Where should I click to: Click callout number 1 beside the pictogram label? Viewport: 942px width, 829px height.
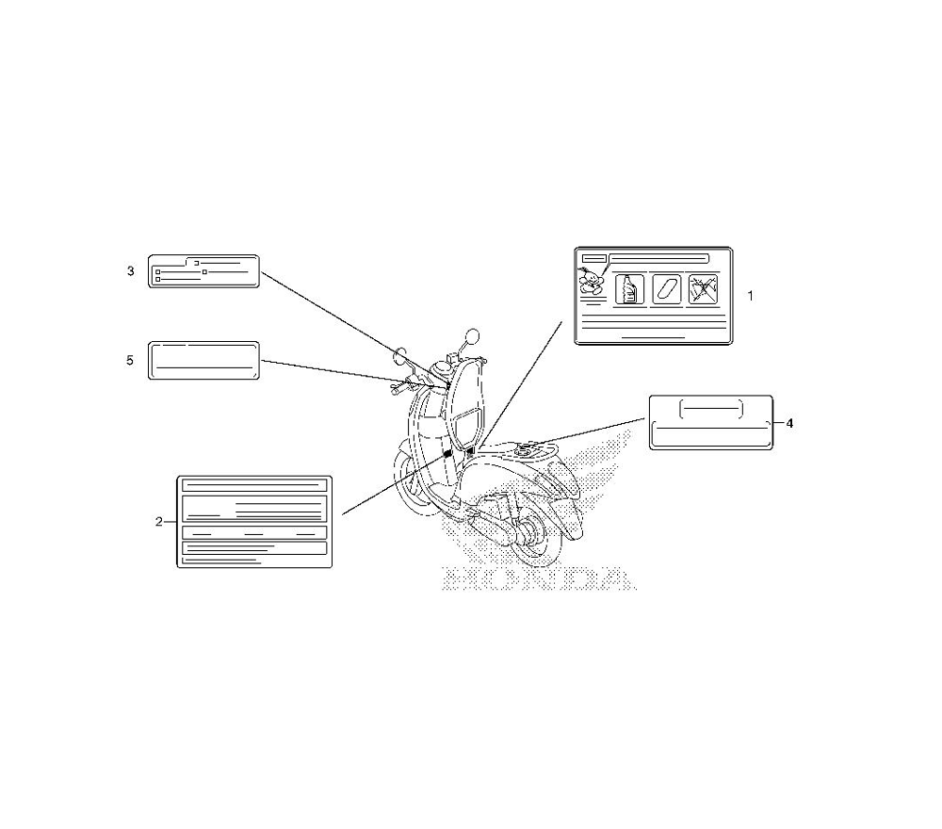click(x=750, y=295)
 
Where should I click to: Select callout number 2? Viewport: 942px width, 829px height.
click(x=158, y=520)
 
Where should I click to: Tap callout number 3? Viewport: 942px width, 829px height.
click(x=131, y=271)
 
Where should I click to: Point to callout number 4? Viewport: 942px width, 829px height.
click(x=789, y=423)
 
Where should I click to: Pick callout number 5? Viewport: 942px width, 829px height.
click(x=131, y=360)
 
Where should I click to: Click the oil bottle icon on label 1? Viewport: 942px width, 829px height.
click(x=627, y=289)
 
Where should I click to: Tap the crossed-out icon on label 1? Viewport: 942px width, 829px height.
click(x=702, y=289)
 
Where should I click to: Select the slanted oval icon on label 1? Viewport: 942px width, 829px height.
click(x=665, y=289)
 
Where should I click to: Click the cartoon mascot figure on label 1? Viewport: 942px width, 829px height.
click(x=592, y=284)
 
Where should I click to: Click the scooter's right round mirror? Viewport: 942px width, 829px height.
click(x=472, y=335)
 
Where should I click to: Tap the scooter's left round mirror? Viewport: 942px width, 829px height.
click(x=401, y=357)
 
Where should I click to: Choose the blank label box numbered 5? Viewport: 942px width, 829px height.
click(x=203, y=361)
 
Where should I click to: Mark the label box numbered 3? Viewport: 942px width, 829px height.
click(x=203, y=271)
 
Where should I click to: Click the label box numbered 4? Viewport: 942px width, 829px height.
click(x=711, y=422)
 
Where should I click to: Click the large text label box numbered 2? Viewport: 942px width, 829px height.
click(x=254, y=521)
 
